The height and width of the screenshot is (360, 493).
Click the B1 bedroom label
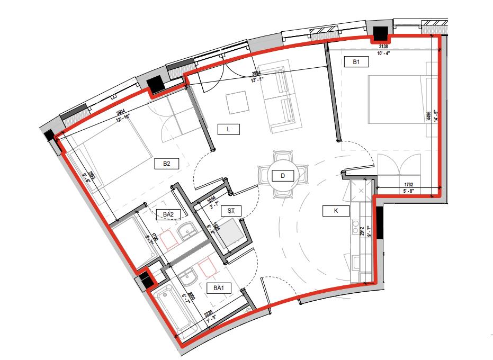click(x=356, y=62)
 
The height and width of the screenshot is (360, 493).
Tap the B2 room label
click(x=166, y=164)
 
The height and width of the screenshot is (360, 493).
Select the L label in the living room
click(x=229, y=129)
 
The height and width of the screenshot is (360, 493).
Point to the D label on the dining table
click(x=282, y=175)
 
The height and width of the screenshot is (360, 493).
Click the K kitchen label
click(x=335, y=211)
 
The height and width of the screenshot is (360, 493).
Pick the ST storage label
click(x=231, y=211)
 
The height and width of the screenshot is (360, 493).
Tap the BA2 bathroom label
click(x=168, y=214)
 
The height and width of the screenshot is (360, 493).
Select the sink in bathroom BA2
click(x=186, y=231)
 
